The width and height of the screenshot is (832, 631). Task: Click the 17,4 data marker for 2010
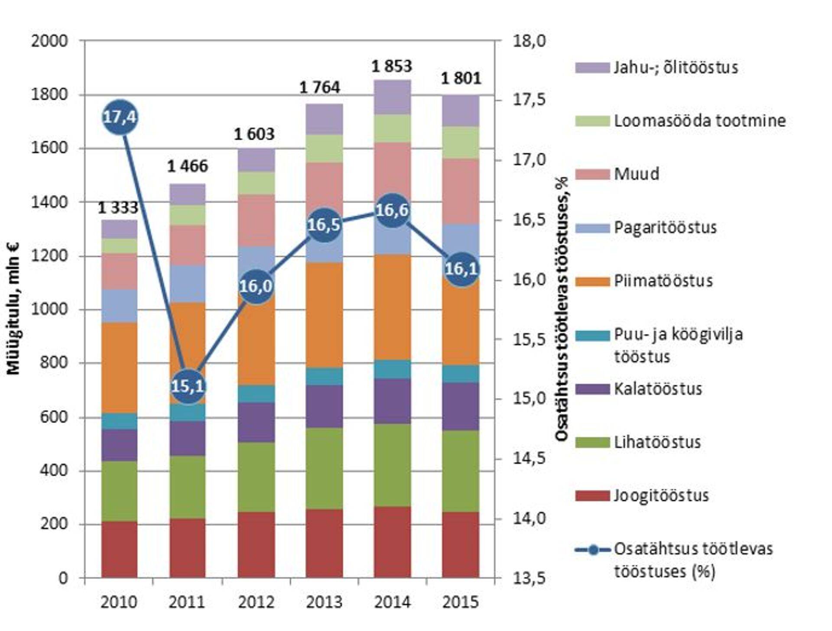tap(120, 117)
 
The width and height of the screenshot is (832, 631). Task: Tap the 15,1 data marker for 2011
tap(188, 385)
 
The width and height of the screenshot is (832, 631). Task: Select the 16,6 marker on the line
tap(392, 210)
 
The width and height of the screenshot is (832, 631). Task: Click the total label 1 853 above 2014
tap(392, 66)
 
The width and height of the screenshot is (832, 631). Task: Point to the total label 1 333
tap(118, 208)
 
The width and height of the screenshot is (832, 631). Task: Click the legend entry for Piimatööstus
tap(663, 281)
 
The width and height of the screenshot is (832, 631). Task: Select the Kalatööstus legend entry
tap(657, 389)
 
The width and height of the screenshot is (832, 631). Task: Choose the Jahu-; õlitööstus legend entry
tap(676, 68)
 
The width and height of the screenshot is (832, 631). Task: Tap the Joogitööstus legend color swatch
tap(592, 495)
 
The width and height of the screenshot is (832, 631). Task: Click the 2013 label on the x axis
tap(324, 602)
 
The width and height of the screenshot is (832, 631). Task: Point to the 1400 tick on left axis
tap(49, 202)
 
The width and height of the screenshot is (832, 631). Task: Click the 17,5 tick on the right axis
tap(529, 100)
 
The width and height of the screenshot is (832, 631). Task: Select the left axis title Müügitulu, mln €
tap(14, 308)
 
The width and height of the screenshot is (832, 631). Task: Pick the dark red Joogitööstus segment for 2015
tap(460, 544)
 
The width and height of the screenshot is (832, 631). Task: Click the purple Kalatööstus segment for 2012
tap(256, 422)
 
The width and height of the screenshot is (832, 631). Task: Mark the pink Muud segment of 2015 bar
tap(460, 191)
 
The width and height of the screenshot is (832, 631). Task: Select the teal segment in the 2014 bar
tap(392, 369)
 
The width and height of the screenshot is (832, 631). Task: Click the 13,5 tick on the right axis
tap(529, 578)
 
